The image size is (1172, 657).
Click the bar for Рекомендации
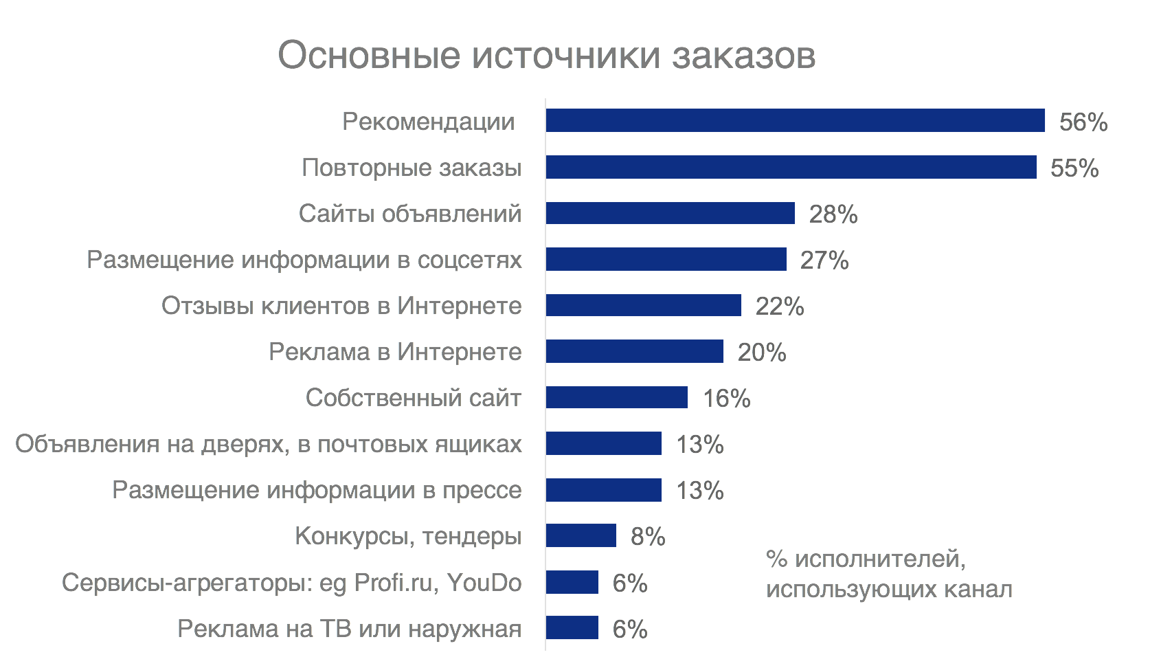(x=795, y=120)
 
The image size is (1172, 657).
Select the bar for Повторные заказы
(x=791, y=167)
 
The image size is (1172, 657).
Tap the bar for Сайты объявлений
(x=670, y=213)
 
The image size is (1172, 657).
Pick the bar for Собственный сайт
(x=616, y=397)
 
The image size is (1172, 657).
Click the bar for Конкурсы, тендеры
(x=581, y=535)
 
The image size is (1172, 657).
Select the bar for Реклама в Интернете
(x=634, y=351)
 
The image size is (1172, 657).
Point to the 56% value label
(x=1083, y=122)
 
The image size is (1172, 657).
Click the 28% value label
(x=833, y=214)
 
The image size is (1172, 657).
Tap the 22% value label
(x=779, y=307)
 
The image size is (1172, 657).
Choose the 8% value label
(x=647, y=537)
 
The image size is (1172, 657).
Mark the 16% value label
(x=726, y=399)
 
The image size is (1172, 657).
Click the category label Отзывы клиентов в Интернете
(x=341, y=306)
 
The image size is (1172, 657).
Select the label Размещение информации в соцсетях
(x=304, y=260)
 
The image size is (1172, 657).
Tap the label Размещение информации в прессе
(x=317, y=490)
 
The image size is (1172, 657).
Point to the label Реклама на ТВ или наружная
(x=349, y=629)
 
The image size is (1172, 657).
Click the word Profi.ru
(x=394, y=583)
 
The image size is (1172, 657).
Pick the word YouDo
(x=484, y=583)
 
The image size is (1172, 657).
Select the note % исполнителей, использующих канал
(x=888, y=574)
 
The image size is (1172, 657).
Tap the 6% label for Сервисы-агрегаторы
(x=629, y=583)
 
